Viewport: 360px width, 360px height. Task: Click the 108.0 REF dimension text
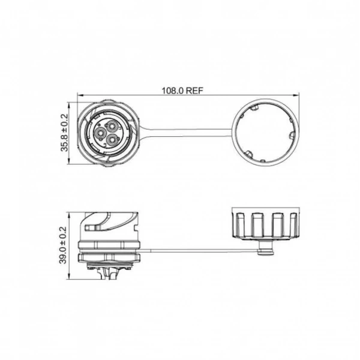point(182,91)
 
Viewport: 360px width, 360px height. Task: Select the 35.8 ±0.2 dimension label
point(65,133)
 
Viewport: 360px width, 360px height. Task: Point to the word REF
point(194,91)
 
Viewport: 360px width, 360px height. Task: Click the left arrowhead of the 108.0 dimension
point(80,94)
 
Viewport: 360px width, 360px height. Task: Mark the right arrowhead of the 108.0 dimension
point(297,94)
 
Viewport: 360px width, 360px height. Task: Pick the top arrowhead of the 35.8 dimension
point(69,105)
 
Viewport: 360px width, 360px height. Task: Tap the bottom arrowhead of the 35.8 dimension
point(69,161)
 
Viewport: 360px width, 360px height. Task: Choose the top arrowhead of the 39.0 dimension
point(69,215)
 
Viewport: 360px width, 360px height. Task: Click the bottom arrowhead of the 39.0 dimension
point(69,277)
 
